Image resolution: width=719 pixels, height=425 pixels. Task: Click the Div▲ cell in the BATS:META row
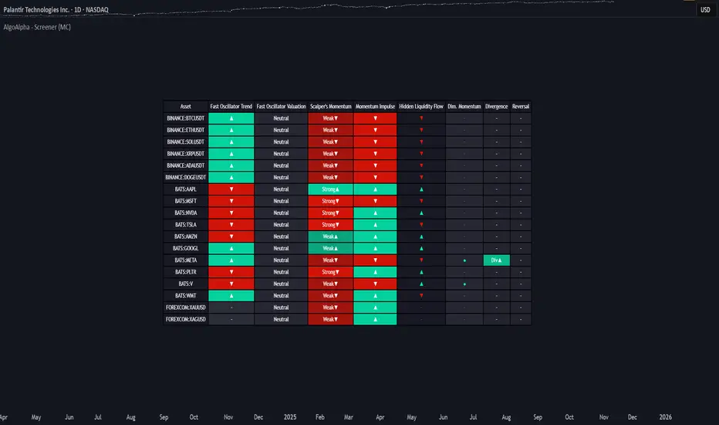pyautogui.click(x=497, y=260)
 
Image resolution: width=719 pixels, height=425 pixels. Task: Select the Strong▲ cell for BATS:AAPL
pyautogui.click(x=330, y=189)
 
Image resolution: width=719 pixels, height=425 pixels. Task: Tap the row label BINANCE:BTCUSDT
pyautogui.click(x=185, y=118)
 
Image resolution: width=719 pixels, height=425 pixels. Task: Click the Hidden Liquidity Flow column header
pyautogui.click(x=421, y=107)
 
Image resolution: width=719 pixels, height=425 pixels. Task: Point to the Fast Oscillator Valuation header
pyautogui.click(x=281, y=107)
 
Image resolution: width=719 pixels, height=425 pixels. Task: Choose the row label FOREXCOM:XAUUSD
pyautogui.click(x=185, y=308)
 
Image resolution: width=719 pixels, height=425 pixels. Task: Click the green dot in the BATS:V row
pyautogui.click(x=464, y=284)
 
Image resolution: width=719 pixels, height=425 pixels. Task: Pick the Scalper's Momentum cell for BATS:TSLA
pyautogui.click(x=330, y=225)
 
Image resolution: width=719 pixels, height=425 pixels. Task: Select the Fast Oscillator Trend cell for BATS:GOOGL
pyautogui.click(x=231, y=249)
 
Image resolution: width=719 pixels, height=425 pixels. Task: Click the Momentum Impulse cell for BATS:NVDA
pyautogui.click(x=375, y=213)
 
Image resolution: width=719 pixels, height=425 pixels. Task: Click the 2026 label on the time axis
pyautogui.click(x=665, y=417)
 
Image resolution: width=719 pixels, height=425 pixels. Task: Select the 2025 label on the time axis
pyautogui.click(x=289, y=417)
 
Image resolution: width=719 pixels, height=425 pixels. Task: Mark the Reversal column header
pyautogui.click(x=521, y=107)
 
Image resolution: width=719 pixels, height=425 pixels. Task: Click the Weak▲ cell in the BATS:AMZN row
pyautogui.click(x=330, y=237)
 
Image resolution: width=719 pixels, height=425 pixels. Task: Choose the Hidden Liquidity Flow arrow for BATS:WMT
pyautogui.click(x=421, y=296)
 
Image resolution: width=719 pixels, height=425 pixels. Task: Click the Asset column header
pyautogui.click(x=185, y=107)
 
